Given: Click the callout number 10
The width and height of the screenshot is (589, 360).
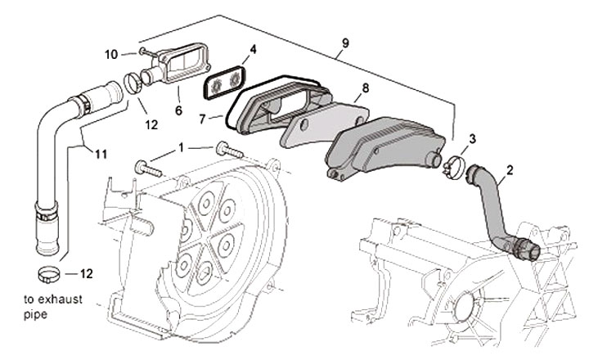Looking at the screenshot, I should tap(110, 54).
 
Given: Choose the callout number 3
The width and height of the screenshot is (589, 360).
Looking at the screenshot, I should tap(472, 138).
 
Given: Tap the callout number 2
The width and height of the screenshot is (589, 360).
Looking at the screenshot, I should tap(510, 170).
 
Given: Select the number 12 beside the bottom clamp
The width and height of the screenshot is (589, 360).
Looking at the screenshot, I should tap(87, 272).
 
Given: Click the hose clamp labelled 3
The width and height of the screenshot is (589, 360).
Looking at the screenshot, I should tap(455, 167).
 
